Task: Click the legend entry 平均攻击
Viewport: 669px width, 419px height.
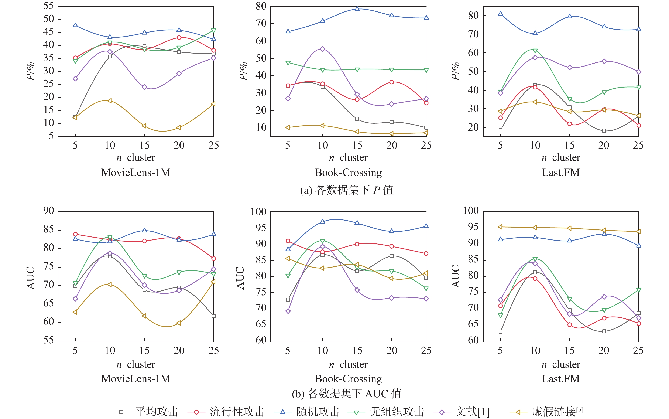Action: click(157, 412)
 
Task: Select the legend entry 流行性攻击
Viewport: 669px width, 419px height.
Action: click(237, 412)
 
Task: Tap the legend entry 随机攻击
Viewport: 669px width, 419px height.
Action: click(318, 412)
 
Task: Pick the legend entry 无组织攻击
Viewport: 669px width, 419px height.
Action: click(397, 412)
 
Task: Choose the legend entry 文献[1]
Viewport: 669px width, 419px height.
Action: click(472, 412)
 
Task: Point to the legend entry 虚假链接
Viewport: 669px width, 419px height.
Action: click(557, 412)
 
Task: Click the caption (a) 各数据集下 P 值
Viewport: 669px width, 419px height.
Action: click(347, 190)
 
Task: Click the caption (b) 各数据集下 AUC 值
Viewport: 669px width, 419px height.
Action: click(347, 394)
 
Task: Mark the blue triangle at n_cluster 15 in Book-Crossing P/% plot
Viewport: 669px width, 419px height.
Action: click(357, 8)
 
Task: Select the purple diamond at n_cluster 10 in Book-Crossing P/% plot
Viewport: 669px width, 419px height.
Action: click(322, 49)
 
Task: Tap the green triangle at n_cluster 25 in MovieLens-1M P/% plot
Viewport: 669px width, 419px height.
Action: click(213, 30)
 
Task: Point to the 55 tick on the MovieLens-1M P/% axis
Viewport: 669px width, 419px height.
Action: click(49, 6)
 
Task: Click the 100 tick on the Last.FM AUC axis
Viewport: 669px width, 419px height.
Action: click(471, 211)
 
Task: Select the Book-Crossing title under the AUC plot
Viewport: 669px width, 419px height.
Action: click(348, 379)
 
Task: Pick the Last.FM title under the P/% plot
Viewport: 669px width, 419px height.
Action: click(561, 172)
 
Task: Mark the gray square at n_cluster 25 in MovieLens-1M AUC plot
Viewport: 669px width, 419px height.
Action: click(213, 316)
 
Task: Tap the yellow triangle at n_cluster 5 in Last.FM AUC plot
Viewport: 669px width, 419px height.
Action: click(500, 227)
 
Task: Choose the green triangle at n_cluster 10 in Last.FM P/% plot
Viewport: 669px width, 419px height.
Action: click(535, 51)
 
